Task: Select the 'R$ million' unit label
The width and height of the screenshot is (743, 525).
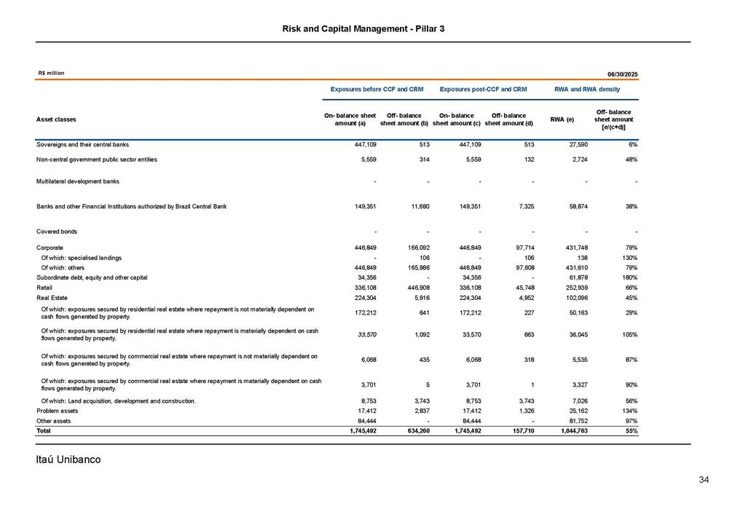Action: tap(51, 74)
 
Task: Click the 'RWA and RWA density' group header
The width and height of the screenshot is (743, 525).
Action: tap(587, 89)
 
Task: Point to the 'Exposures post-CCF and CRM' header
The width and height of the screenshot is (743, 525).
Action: tap(483, 89)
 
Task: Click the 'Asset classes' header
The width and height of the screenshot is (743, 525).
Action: tap(56, 119)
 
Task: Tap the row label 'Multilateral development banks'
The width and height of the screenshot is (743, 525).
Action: tap(78, 181)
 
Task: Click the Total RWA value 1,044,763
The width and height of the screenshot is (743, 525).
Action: tap(574, 431)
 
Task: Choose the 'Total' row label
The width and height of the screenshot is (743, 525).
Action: tap(44, 431)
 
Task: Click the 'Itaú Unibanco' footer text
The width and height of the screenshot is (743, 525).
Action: tap(68, 459)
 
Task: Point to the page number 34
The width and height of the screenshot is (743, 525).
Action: tap(703, 479)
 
